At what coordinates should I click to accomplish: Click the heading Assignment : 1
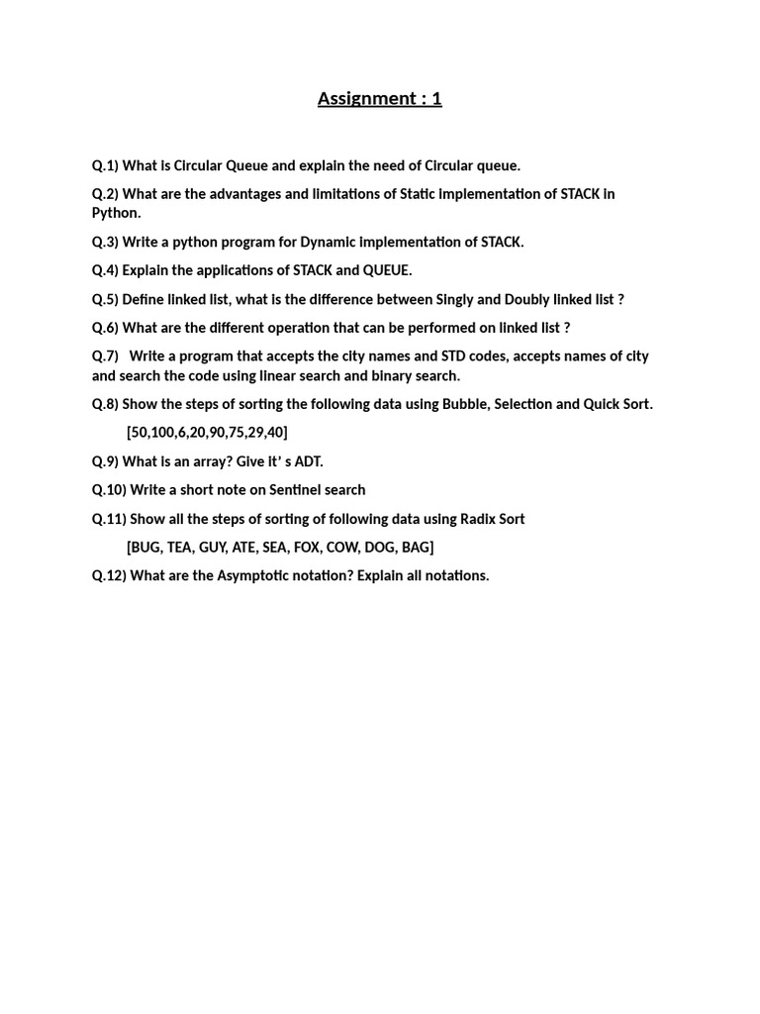tap(379, 98)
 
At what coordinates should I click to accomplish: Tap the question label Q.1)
tap(105, 165)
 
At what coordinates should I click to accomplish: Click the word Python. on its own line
tap(117, 213)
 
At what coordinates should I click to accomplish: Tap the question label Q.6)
tap(105, 328)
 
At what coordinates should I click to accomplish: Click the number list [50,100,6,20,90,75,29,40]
tap(207, 433)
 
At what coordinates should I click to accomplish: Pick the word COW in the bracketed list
tap(342, 547)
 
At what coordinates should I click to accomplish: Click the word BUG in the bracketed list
tap(145, 547)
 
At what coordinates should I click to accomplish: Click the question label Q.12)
tap(109, 575)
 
